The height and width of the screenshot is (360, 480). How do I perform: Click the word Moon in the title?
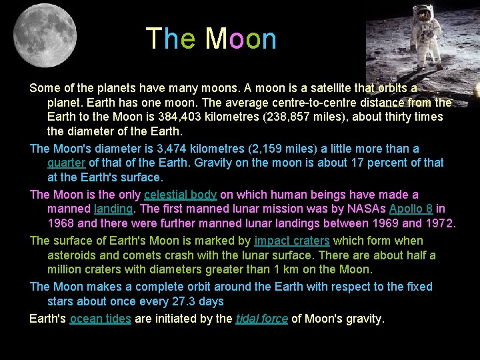[x=241, y=39]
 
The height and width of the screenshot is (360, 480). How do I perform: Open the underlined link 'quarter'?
[x=66, y=163]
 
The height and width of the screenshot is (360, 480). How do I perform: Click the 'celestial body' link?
[x=180, y=195]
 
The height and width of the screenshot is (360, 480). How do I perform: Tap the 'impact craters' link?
[x=292, y=241]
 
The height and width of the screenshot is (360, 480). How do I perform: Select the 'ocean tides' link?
[x=100, y=319]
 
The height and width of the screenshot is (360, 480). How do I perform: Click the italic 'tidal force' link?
[x=262, y=319]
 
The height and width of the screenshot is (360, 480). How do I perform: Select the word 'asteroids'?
[x=73, y=255]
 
